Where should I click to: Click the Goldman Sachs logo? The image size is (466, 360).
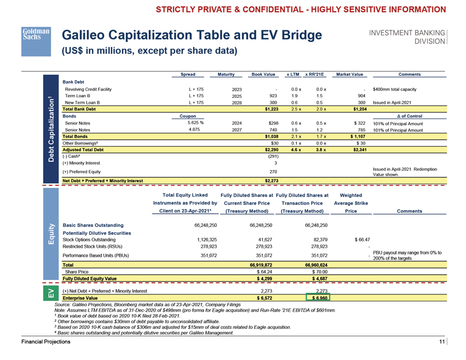tap(35, 34)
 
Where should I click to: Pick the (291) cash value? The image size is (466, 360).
tap(271, 156)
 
